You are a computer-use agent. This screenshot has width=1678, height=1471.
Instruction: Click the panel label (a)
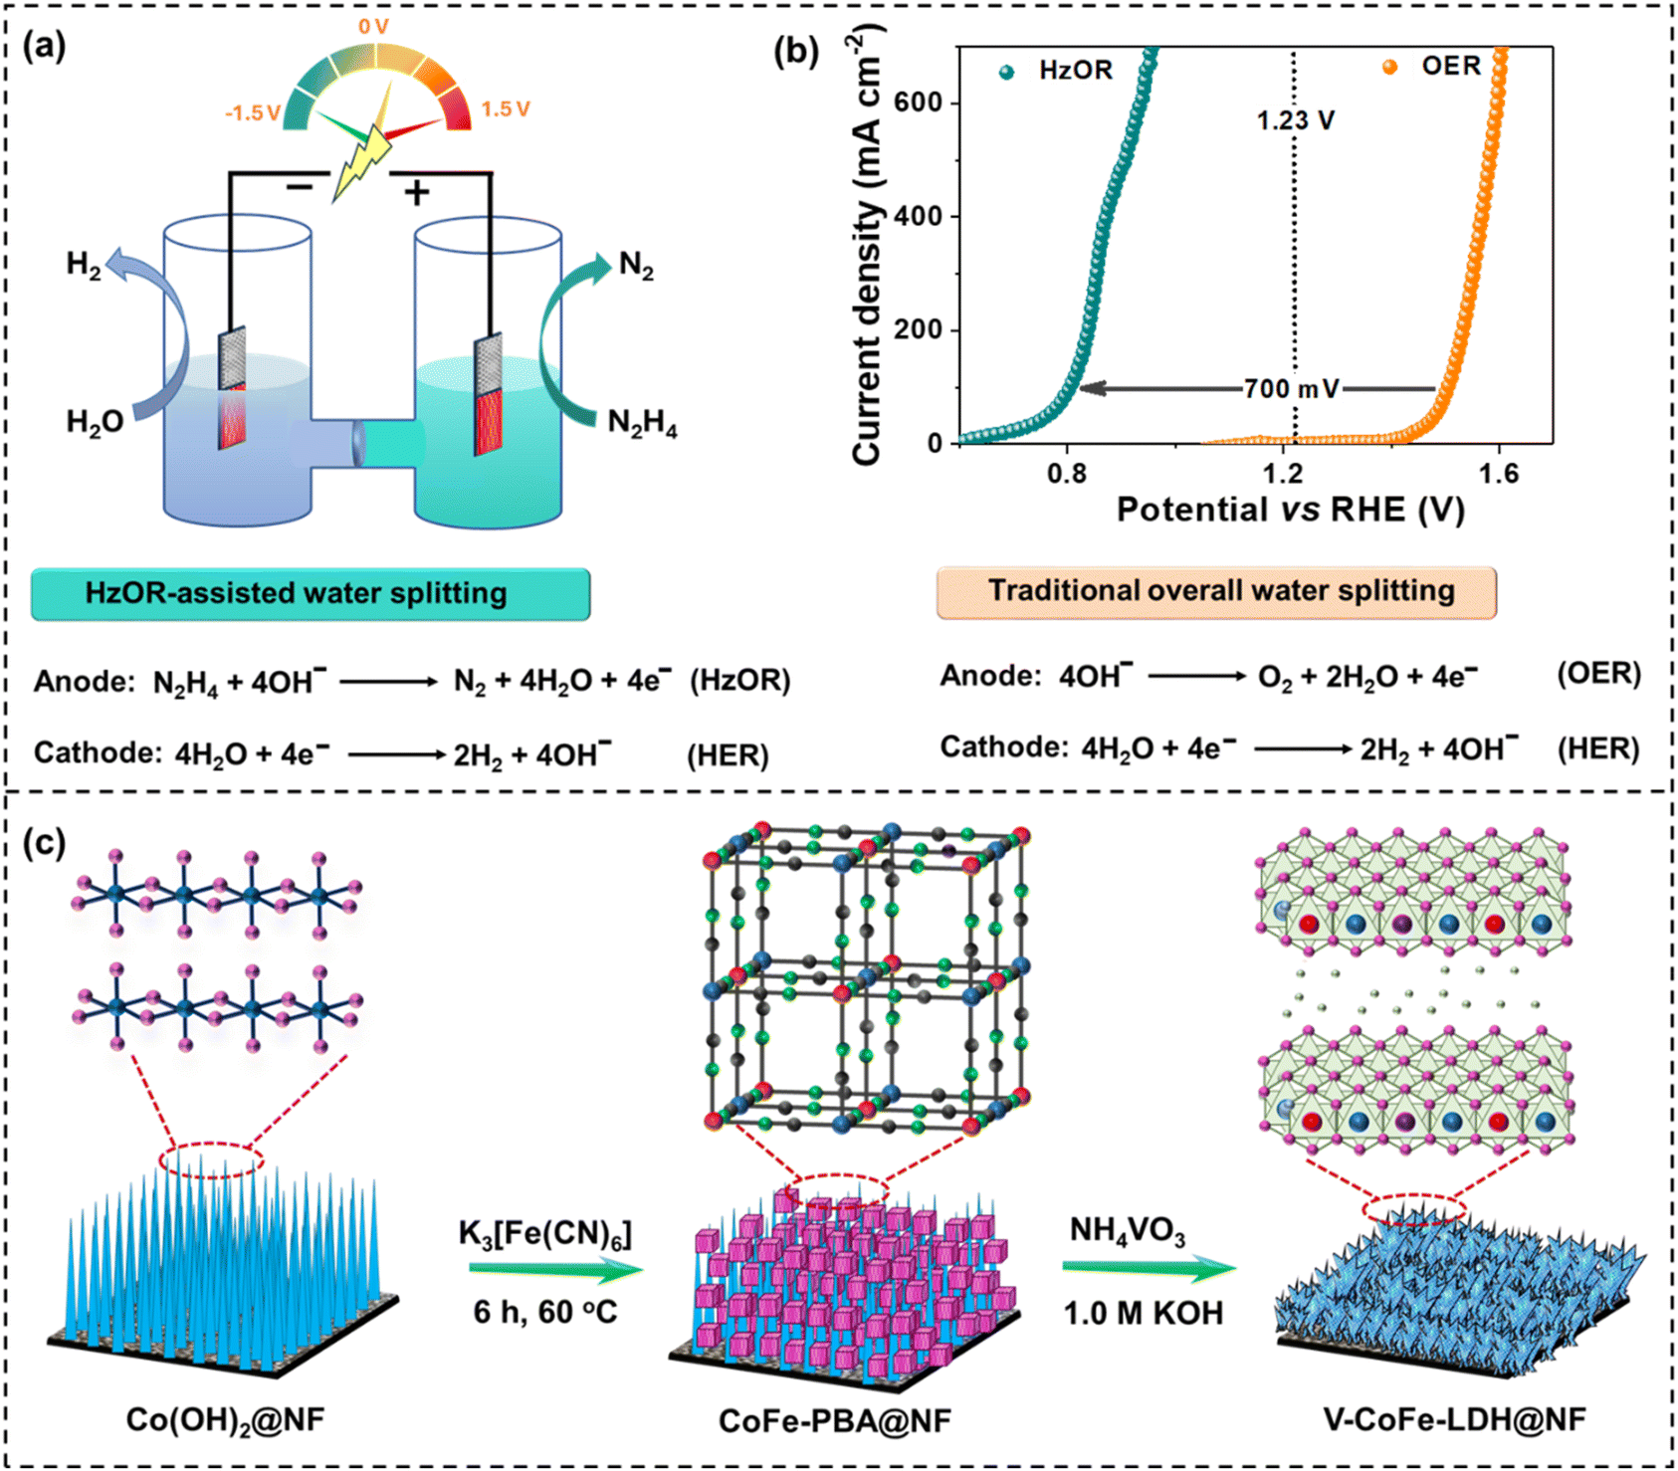[x=44, y=47]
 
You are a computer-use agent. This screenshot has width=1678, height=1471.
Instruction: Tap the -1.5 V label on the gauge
[x=253, y=112]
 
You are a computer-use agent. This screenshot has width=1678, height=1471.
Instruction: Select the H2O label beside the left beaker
[x=95, y=422]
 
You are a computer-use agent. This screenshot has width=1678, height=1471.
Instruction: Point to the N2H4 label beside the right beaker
[x=643, y=423]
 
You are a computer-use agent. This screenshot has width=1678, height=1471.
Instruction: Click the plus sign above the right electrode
[x=417, y=191]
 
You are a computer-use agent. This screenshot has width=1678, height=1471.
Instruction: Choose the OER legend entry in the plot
[x=1432, y=67]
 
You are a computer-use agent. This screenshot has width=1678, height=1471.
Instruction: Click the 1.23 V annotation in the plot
[x=1295, y=120]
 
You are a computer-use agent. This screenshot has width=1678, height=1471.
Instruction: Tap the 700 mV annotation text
[x=1291, y=388]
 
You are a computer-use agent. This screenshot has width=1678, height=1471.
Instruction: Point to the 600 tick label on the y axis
[x=919, y=103]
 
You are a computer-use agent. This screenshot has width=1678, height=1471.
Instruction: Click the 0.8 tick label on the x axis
[x=1068, y=473]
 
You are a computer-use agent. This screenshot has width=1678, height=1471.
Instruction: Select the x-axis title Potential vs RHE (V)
[x=1290, y=510]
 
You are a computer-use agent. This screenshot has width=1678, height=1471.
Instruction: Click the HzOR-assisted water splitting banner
[x=311, y=594]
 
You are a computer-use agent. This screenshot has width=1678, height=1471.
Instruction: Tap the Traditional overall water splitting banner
[x=1216, y=592]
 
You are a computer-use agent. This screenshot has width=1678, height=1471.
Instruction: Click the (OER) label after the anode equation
[x=1598, y=674]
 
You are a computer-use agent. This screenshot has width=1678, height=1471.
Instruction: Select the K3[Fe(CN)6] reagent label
[x=545, y=1234]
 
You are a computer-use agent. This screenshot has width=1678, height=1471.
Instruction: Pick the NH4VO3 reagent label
[x=1128, y=1231]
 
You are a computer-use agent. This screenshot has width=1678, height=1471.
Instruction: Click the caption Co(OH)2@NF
[x=226, y=1419]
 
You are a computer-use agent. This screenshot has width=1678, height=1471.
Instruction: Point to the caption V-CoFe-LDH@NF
[x=1454, y=1418]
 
